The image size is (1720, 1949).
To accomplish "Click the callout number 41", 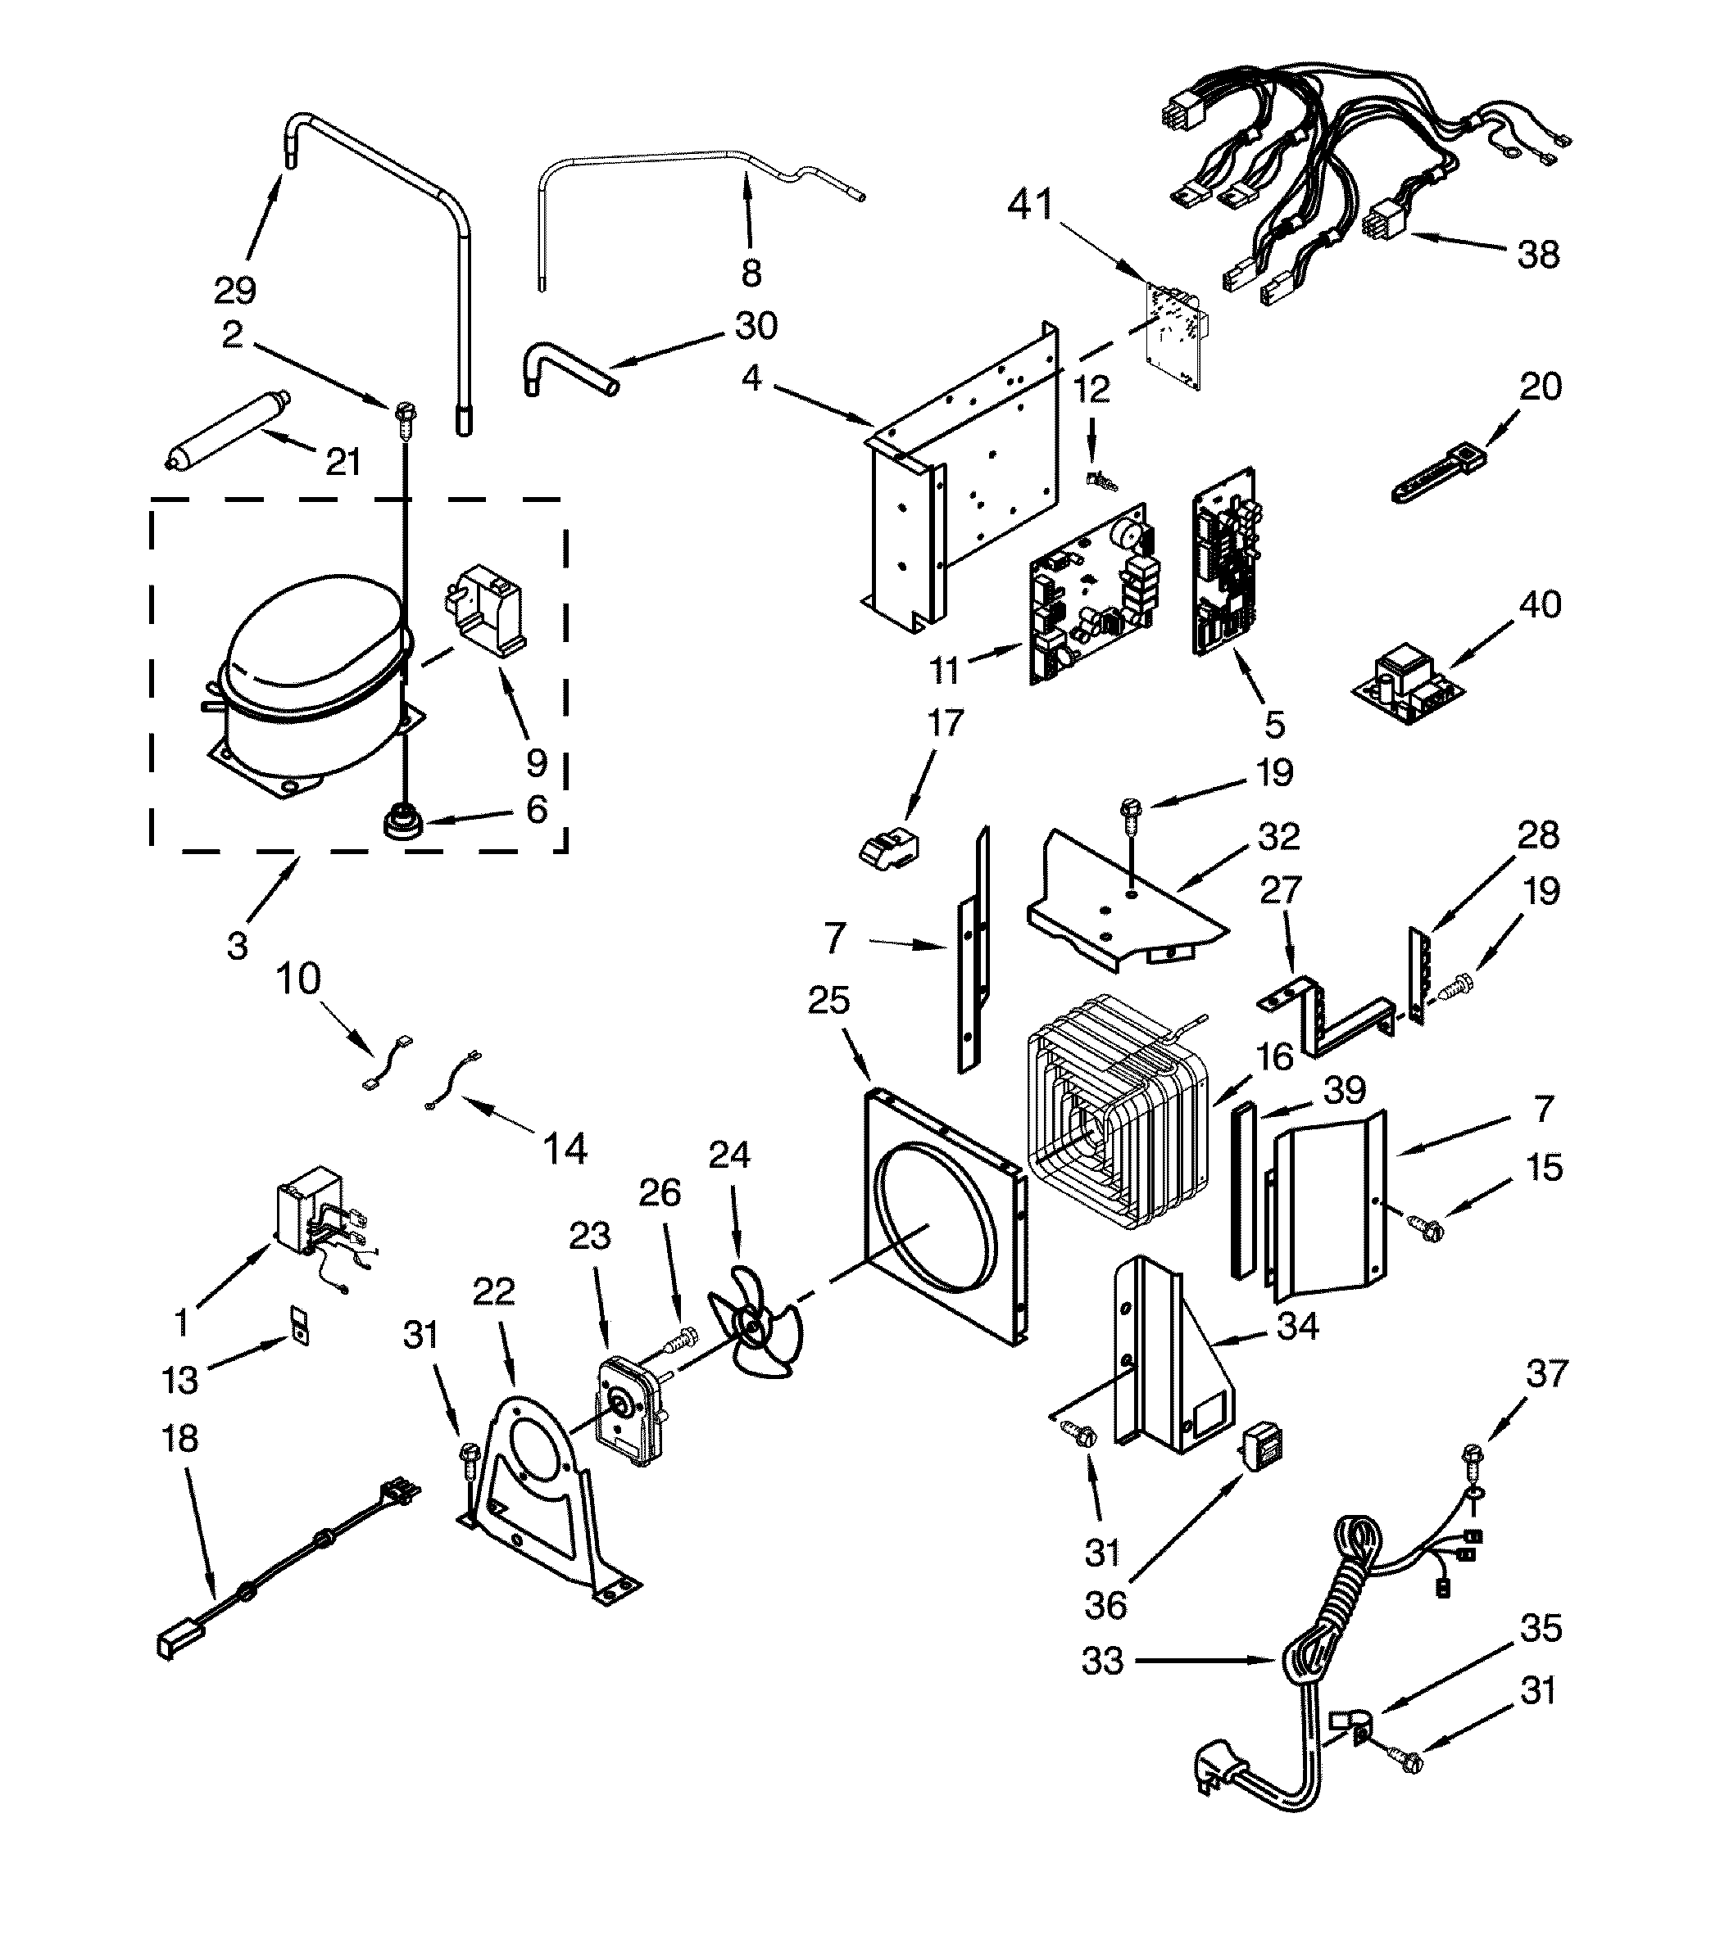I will tap(1030, 205).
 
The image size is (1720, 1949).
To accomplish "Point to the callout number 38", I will tap(1538, 255).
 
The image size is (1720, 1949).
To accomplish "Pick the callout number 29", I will tap(234, 289).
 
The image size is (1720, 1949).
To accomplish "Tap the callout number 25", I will tap(828, 1000).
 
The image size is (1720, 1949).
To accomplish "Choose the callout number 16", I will tap(1274, 1056).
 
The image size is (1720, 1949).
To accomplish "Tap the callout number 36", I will tap(1105, 1606).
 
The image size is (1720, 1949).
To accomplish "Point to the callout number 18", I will tap(179, 1437).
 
